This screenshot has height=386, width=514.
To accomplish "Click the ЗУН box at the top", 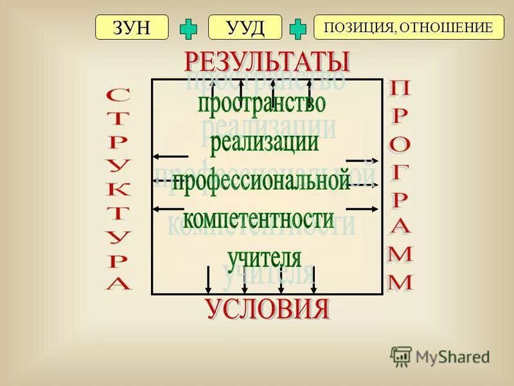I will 132,28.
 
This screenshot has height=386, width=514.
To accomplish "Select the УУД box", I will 245,28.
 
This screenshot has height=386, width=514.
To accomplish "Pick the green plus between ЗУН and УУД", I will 188,28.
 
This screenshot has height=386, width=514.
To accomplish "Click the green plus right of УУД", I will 297,28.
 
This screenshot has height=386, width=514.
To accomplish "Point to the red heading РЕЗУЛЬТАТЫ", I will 267,62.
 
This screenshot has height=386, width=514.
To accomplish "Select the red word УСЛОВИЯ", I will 267,309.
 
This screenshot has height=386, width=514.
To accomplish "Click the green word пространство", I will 261,104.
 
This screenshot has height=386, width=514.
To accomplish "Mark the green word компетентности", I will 259,219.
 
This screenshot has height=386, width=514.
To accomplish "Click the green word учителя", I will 263,257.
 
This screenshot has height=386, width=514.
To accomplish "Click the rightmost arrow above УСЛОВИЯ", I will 314,279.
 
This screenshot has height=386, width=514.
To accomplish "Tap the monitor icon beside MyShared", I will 401,356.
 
